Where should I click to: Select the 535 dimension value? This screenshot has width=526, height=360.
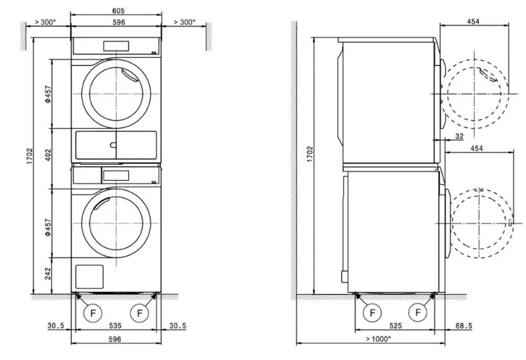pos(115,326)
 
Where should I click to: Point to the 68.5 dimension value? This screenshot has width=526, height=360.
pos(464,326)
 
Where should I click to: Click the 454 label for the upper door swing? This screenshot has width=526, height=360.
pos(473,22)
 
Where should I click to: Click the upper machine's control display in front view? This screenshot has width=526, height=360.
pos(116,45)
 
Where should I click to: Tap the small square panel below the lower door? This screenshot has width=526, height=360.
pos(90,275)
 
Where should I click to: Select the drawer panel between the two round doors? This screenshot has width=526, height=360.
pos(116,145)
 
